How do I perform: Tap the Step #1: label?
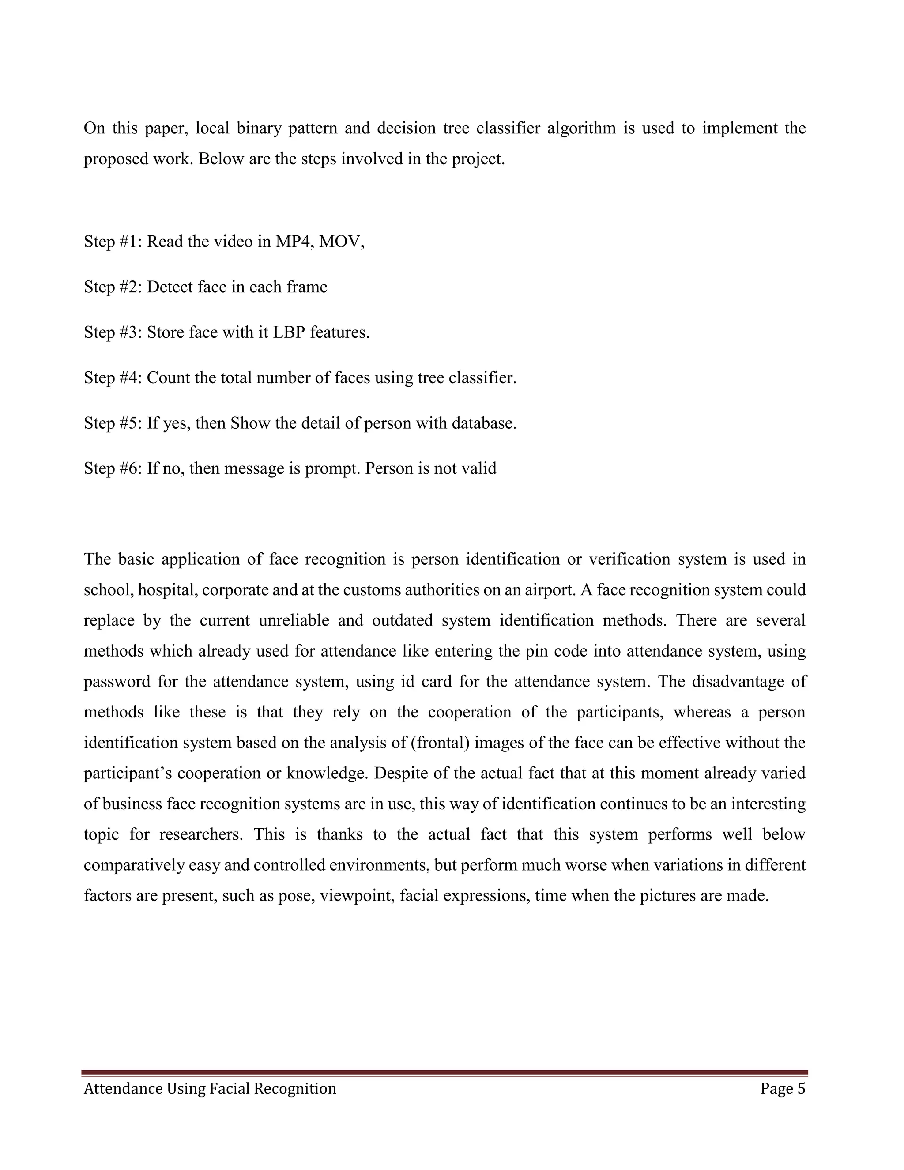113,242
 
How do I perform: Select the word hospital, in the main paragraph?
168,590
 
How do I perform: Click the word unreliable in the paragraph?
293,620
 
